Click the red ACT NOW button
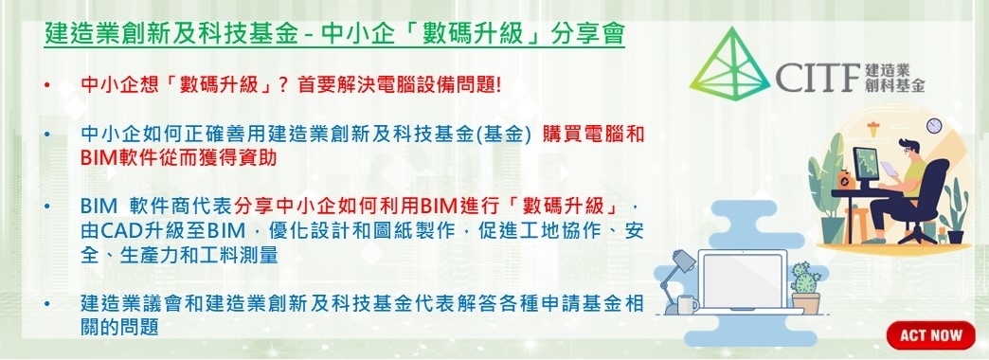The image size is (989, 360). pyautogui.click(x=930, y=334)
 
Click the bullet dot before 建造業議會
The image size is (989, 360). pyautogui.click(x=46, y=305)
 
